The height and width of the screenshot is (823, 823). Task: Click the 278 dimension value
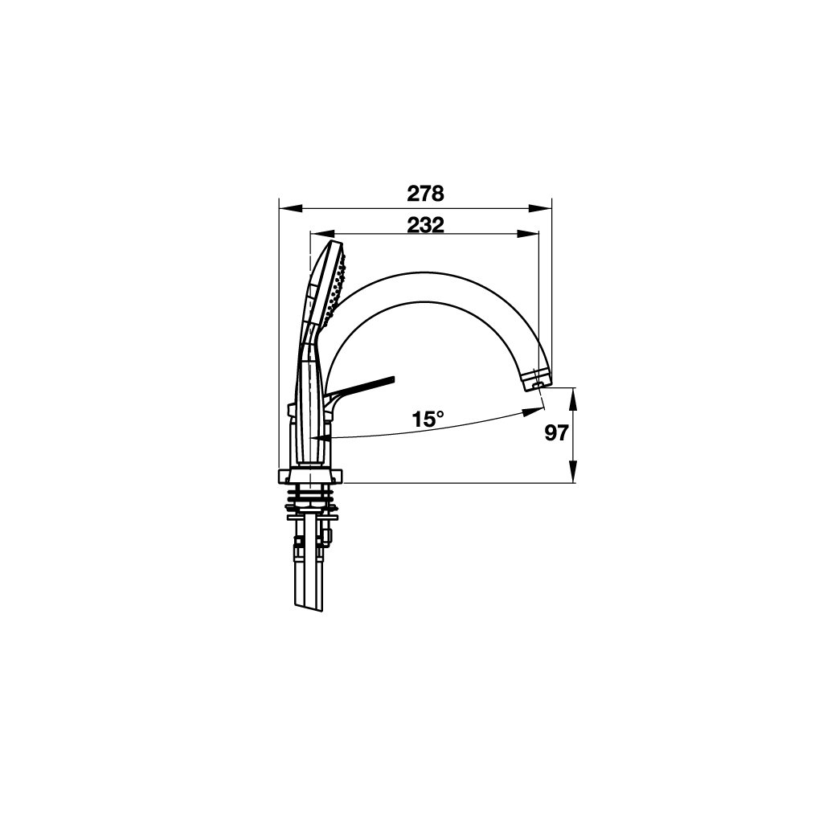tap(425, 194)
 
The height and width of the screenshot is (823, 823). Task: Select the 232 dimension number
tap(426, 225)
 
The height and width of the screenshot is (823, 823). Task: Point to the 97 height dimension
tap(556, 433)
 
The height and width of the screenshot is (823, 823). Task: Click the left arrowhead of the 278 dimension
tap(291, 208)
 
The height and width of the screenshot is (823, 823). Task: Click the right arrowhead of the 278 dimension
tap(540, 208)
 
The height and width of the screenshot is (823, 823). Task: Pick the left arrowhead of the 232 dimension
tap(323, 234)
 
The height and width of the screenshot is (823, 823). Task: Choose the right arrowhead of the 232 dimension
tap(528, 234)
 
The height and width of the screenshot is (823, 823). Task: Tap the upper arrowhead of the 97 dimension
tap(573, 399)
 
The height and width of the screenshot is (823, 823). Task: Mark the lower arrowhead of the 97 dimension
tap(573, 470)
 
